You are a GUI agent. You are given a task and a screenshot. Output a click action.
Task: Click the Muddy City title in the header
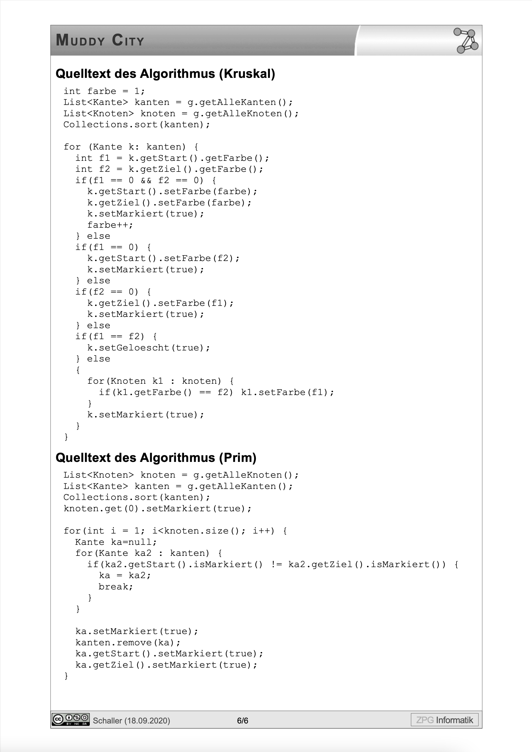click(100, 40)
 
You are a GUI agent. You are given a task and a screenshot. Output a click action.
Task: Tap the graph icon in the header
click(466, 41)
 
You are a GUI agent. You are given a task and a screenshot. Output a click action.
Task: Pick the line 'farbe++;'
click(110, 225)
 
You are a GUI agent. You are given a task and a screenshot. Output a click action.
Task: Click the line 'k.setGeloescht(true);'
click(148, 347)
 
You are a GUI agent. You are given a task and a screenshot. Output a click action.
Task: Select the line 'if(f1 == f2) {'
click(116, 336)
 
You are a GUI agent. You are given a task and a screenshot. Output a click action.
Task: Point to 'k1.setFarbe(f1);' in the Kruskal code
click(287, 392)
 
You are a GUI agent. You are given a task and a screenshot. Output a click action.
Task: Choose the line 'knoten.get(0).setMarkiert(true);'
click(158, 508)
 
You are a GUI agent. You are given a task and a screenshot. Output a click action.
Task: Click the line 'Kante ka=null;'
click(116, 542)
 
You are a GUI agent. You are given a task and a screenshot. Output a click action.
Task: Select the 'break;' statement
click(116, 587)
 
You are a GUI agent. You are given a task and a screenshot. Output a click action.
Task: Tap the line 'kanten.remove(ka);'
click(128, 642)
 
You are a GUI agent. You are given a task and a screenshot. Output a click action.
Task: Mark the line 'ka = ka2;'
click(125, 575)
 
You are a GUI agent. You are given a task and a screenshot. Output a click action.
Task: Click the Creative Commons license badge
click(70, 720)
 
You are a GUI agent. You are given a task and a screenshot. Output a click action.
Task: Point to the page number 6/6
click(243, 720)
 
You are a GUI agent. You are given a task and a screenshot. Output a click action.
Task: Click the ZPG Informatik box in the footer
click(445, 720)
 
